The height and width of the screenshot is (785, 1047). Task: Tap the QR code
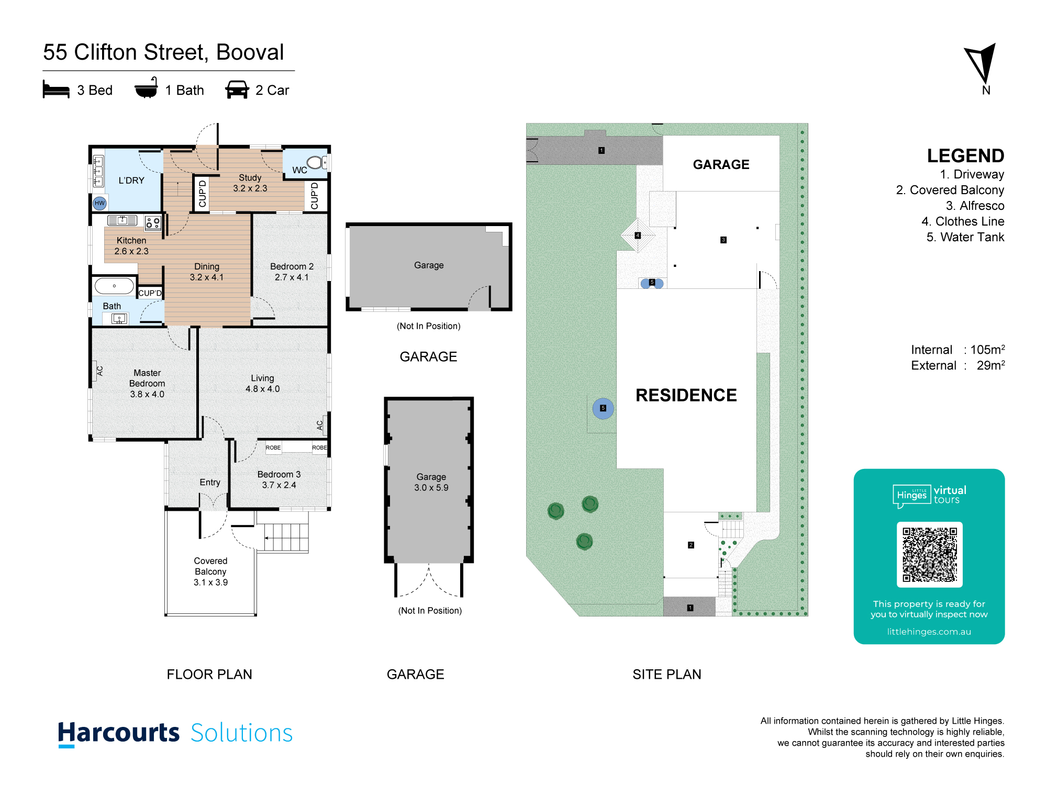929,555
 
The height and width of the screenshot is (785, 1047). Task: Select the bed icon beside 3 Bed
56,89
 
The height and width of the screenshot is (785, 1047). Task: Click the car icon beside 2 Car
237,89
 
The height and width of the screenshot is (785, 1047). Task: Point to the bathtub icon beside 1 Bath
146,88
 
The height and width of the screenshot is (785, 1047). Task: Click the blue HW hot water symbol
99,203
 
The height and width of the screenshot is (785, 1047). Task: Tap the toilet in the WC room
317,162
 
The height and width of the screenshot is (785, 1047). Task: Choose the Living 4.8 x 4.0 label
262,383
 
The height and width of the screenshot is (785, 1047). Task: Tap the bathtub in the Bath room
114,286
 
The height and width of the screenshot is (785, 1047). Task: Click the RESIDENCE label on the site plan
686,395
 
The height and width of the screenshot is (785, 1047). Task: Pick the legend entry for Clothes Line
963,221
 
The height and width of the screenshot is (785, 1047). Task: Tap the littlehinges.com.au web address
929,632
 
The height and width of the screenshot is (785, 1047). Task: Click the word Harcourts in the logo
119,733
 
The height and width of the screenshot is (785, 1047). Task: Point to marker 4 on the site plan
638,235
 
